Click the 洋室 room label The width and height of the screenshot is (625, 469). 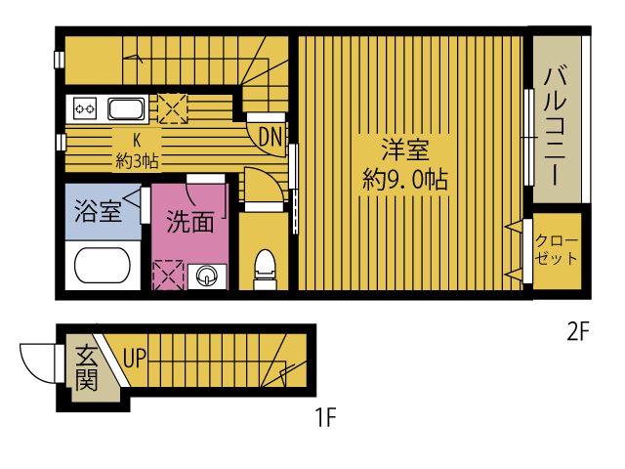[405, 150]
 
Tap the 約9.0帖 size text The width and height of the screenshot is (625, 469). [405, 179]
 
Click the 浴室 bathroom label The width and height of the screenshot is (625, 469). [99, 211]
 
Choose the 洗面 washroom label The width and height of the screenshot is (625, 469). [189, 222]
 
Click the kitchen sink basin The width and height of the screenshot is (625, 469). [126, 108]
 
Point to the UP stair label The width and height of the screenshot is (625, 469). [134, 358]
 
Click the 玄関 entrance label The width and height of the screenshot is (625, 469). [86, 366]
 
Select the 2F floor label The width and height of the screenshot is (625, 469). [578, 332]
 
